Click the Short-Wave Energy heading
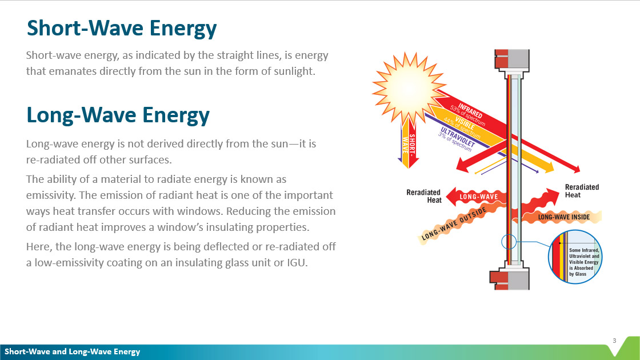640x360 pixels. coord(122,29)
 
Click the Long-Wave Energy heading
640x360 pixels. coord(118,115)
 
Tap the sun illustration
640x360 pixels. coord(409,89)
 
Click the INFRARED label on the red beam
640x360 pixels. coord(470,110)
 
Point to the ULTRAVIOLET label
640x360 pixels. coord(458,137)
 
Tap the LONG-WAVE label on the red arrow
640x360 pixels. coord(479,197)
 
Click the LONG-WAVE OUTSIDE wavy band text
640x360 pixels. coord(454,223)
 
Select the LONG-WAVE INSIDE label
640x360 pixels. coord(563,217)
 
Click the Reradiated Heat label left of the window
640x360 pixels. coord(423,196)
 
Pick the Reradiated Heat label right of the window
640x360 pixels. coord(582,191)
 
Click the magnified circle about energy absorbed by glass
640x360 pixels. coord(575,257)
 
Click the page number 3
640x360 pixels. coord(614,341)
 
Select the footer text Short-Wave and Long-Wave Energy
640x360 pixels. coord(72,352)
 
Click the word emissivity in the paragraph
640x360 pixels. coord(51,195)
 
